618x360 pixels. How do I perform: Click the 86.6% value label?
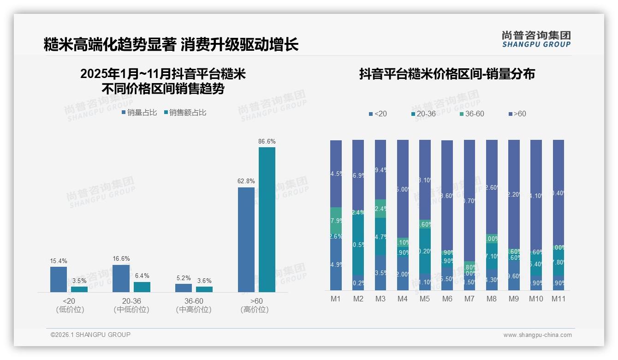pos(267,142)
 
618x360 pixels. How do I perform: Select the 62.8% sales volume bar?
pos(246,240)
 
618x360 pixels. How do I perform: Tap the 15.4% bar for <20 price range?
pos(59,279)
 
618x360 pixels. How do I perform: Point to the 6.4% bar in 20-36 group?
pos(142,287)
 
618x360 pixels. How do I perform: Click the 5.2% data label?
pos(183,278)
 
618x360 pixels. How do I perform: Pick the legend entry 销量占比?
pos(139,112)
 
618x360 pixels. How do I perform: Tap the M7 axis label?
pos(469,299)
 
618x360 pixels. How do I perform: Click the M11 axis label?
pos(559,299)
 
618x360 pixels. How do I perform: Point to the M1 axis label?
pos(336,299)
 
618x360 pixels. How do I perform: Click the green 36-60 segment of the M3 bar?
pos(380,209)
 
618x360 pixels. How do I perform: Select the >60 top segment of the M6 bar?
pos(447,194)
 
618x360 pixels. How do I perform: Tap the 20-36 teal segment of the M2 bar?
pos(358,245)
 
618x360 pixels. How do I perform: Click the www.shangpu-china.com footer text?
pos(537,335)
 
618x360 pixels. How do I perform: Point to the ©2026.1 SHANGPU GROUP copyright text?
pos(90,335)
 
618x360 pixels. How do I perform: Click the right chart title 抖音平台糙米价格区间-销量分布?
pos(447,74)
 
